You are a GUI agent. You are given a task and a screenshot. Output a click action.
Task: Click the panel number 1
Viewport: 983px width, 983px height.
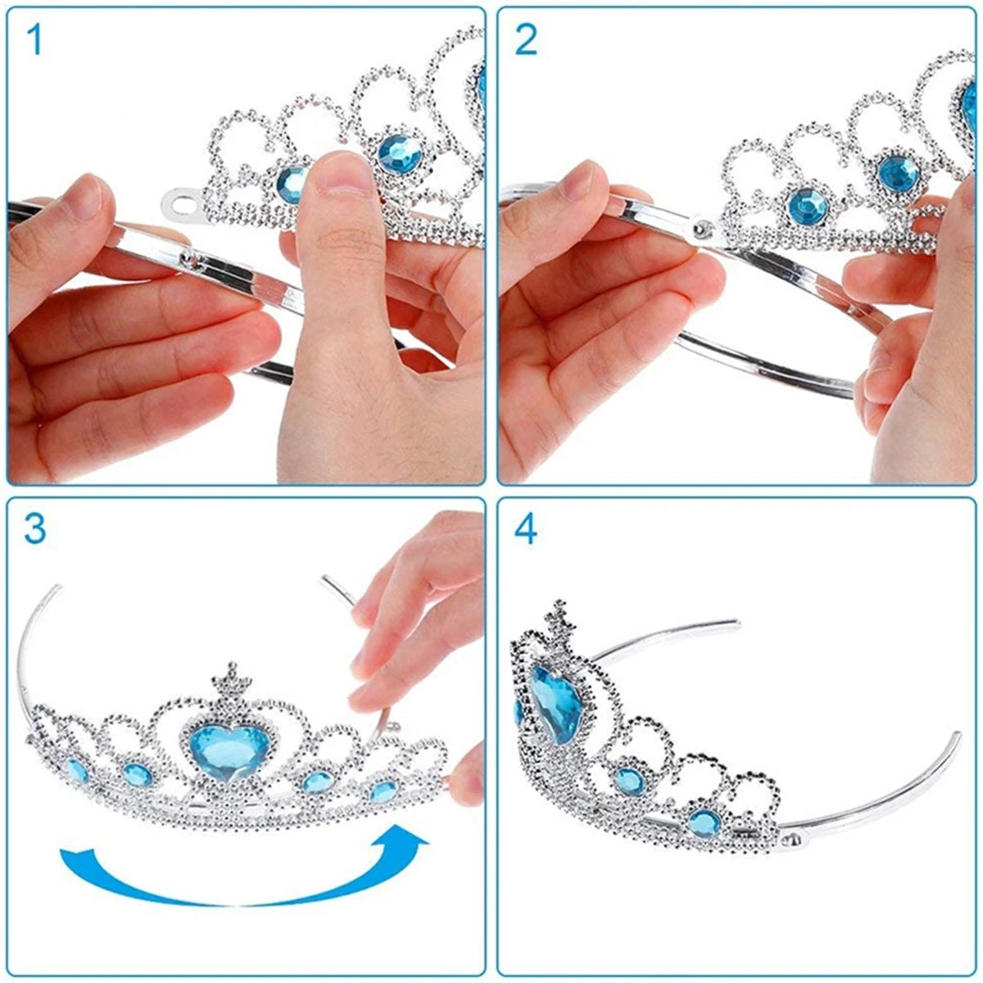(x=34, y=40)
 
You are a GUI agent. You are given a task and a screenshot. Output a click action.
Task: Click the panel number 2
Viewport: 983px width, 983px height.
(x=526, y=40)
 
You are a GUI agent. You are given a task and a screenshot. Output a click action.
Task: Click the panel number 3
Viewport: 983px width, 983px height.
(x=34, y=530)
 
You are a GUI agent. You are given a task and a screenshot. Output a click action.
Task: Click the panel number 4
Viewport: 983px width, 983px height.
(x=525, y=530)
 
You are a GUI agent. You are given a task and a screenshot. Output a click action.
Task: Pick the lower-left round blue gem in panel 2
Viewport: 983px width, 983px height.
(x=808, y=206)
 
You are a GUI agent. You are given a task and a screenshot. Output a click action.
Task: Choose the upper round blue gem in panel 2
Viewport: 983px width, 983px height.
(x=899, y=174)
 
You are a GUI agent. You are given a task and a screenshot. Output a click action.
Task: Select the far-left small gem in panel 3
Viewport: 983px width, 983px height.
(x=78, y=770)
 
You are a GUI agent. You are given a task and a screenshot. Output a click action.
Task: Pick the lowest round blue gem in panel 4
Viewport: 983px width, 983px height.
(x=705, y=822)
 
